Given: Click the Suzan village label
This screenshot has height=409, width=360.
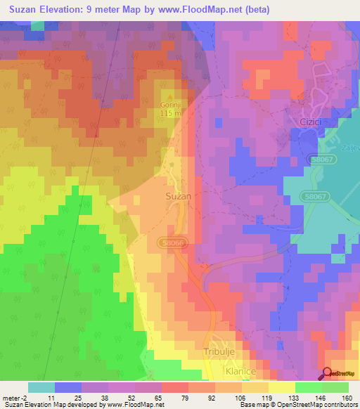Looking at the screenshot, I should [179, 197].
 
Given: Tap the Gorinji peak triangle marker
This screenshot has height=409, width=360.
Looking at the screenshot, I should [168, 96].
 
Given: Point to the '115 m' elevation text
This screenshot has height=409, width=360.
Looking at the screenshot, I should [169, 113].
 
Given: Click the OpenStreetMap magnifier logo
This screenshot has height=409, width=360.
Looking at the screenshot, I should [329, 373].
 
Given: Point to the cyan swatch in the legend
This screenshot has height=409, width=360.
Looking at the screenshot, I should [41, 387].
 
